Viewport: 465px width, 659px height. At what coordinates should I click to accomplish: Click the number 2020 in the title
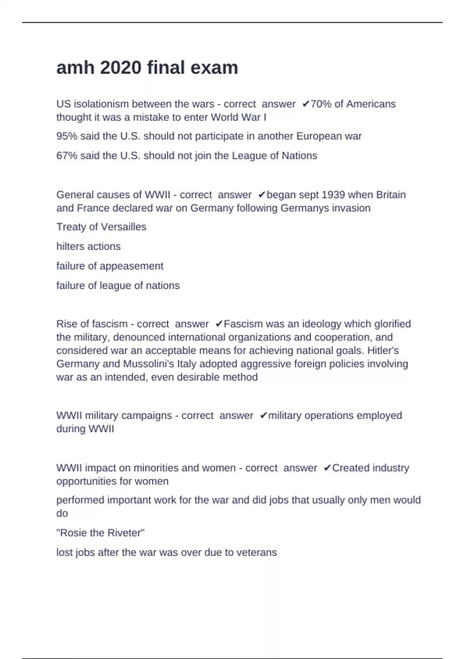121,68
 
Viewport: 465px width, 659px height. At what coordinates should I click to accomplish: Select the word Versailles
124,227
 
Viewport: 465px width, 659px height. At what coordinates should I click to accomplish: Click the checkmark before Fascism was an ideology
219,324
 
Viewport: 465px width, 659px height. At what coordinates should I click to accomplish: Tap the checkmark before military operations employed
263,416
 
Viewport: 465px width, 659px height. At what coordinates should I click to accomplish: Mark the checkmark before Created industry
327,468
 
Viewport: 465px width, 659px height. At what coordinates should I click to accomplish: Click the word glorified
393,324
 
